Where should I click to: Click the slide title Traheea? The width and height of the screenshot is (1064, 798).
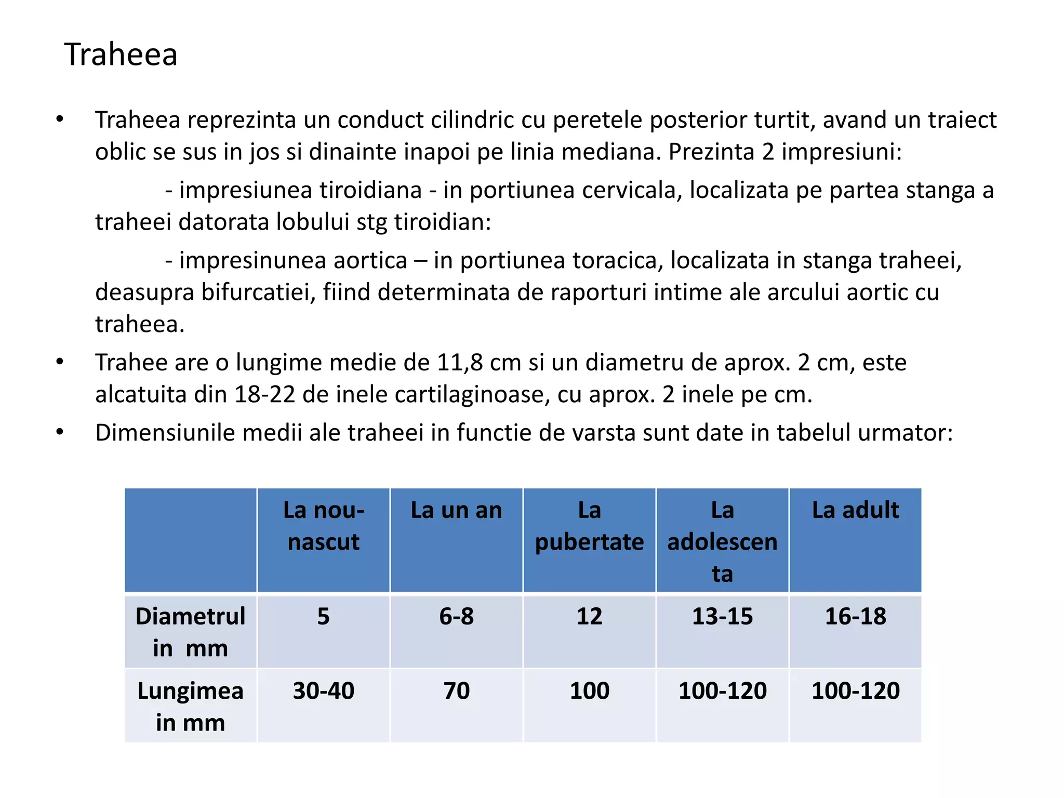click(121, 55)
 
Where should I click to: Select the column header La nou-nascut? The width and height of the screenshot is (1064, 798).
click(323, 526)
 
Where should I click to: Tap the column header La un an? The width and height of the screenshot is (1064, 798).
click(456, 510)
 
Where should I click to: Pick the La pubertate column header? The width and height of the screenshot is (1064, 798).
click(589, 526)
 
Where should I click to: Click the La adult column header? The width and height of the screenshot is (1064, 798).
click(855, 510)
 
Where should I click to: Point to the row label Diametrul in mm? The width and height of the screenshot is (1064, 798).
click(190, 632)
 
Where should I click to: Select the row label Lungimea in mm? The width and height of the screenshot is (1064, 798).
click(190, 706)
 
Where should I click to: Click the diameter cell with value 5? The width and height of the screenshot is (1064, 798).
click(323, 617)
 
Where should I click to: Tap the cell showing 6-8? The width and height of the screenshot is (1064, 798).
click(456, 617)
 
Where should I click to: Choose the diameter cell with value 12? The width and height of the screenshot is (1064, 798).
click(589, 617)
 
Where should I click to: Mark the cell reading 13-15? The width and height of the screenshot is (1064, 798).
click(722, 617)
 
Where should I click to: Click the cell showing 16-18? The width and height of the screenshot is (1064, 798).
click(855, 617)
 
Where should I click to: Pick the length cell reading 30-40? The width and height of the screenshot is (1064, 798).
click(323, 691)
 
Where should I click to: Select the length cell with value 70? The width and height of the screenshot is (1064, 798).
click(456, 691)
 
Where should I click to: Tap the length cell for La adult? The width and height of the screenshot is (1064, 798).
click(855, 691)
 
